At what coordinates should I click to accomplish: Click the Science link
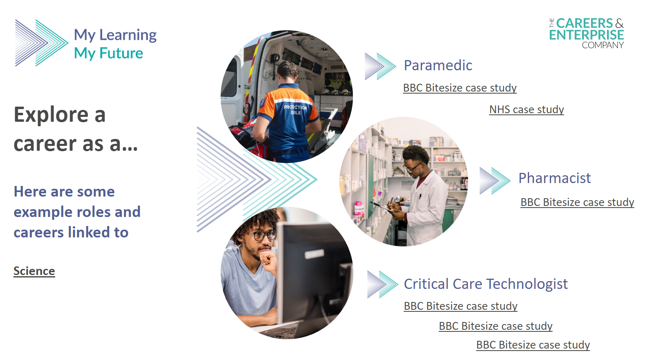tap(34, 271)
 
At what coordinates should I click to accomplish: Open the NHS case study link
tap(527, 110)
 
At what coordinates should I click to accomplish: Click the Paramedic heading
tap(437, 65)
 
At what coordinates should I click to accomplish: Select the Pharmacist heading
tap(555, 178)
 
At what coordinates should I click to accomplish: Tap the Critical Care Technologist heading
tap(486, 284)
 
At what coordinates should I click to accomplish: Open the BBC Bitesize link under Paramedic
tap(460, 88)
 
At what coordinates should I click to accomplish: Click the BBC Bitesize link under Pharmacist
tap(577, 202)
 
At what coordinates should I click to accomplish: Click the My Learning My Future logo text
tap(115, 44)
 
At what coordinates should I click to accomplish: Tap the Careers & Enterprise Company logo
tap(587, 33)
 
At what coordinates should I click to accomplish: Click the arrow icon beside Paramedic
tap(380, 67)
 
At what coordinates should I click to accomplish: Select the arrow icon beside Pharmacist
tap(495, 181)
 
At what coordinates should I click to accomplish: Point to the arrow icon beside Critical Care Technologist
tap(383, 284)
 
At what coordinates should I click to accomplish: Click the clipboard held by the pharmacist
tap(382, 206)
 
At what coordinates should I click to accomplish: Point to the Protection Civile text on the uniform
tap(295, 110)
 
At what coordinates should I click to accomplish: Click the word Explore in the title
tap(51, 115)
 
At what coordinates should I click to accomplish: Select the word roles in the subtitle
tap(93, 212)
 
